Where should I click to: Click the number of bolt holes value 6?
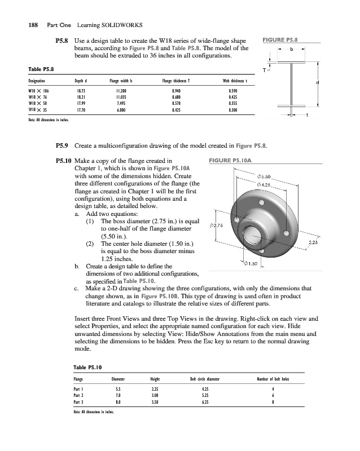click(x=273, y=395)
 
